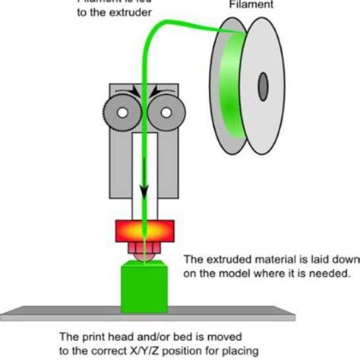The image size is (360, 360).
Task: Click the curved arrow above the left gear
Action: click(x=131, y=92)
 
